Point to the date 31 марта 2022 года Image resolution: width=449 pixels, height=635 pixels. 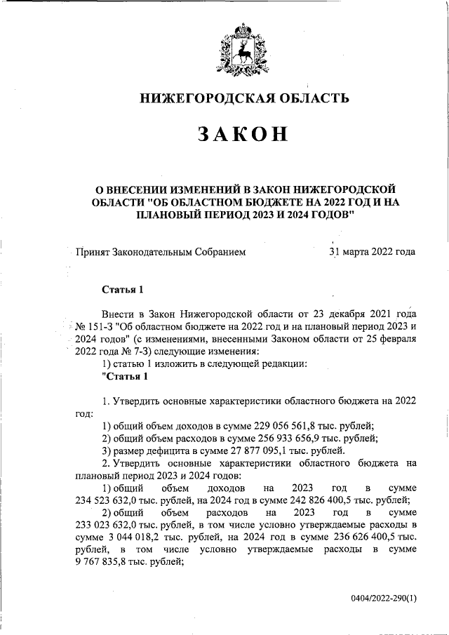tap(372, 251)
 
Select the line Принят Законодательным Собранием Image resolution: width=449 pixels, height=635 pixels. tap(161, 251)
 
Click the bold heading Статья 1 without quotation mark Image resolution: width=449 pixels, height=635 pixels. tap(123, 289)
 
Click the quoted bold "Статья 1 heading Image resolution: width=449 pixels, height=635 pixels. tap(126, 377)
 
